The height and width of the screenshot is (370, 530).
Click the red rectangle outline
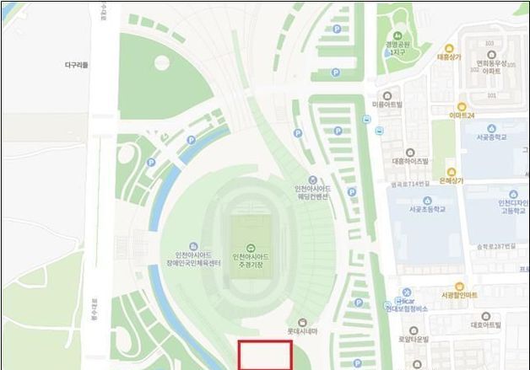click(265, 355)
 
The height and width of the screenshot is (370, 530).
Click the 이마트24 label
click(462, 115)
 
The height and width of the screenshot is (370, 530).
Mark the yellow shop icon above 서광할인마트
click(459, 286)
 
